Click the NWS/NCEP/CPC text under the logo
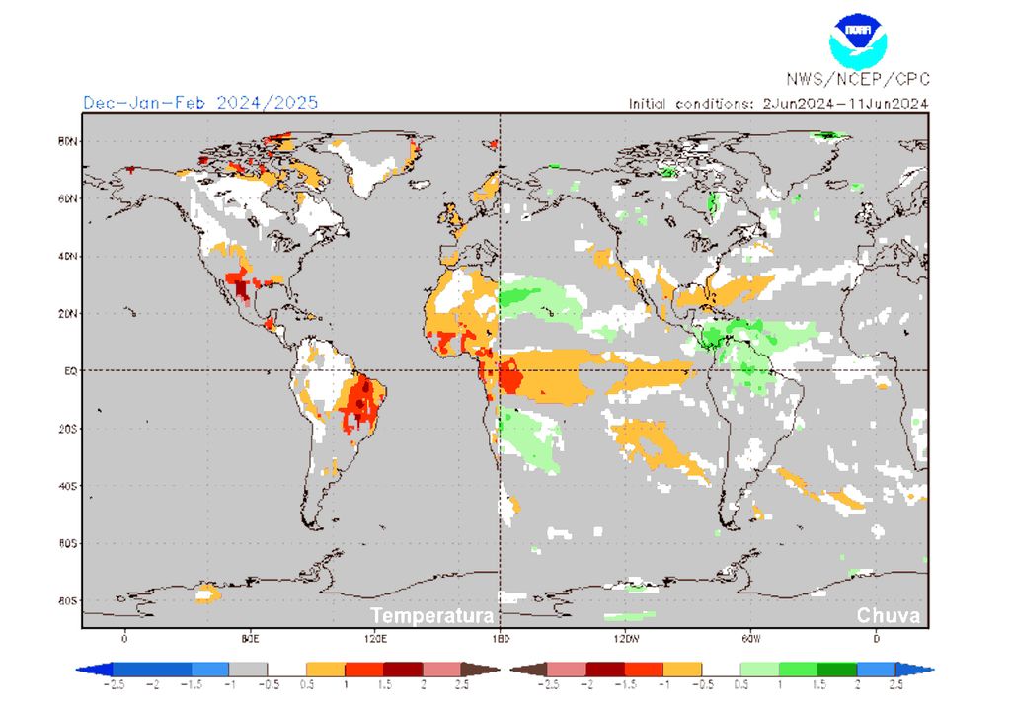coord(857,80)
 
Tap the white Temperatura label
coord(431,616)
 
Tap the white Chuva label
coord(888,616)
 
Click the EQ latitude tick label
coord(68,371)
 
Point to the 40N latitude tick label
coord(66,256)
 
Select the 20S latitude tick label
coord(66,429)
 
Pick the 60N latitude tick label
coord(66,198)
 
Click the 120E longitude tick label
coord(374,638)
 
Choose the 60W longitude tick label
coord(750,638)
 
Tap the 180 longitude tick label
coord(500,638)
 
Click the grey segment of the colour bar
coord(249,669)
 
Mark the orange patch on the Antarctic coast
coord(207,593)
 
